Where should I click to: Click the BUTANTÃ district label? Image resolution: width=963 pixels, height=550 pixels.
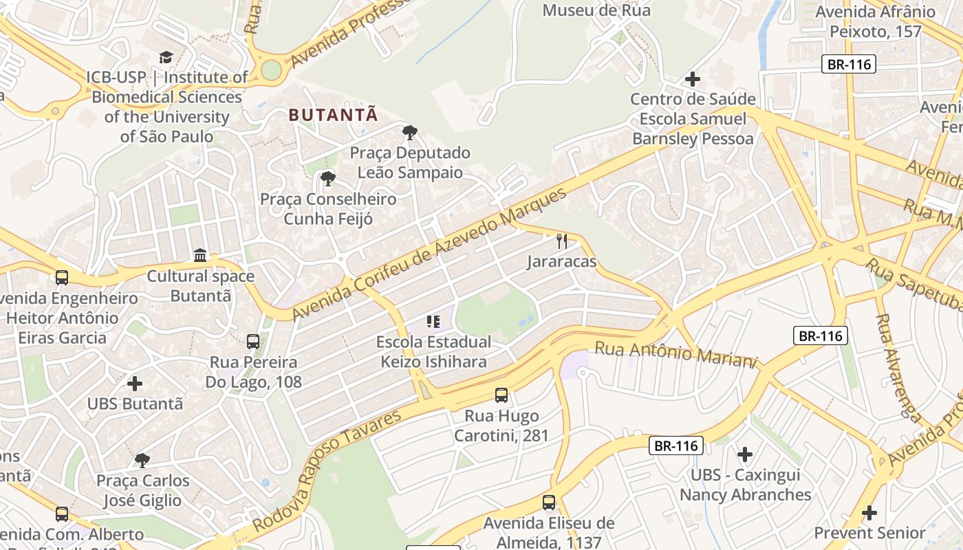pos(334,115)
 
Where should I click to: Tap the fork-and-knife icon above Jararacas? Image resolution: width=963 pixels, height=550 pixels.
pos(562,241)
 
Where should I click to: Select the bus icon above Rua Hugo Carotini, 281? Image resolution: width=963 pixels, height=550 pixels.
pos(501,395)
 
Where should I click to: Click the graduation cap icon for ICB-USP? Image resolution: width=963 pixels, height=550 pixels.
pos(166,57)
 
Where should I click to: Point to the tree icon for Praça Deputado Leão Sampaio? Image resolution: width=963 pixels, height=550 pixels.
pos(409,132)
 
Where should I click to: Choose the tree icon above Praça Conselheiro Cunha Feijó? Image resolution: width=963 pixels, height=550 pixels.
pos(328,179)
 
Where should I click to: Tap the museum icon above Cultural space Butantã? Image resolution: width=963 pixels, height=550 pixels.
pos(200,256)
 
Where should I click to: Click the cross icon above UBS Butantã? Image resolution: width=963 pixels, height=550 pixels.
pos(135,383)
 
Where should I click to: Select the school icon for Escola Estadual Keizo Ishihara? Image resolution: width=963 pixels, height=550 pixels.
pos(433,321)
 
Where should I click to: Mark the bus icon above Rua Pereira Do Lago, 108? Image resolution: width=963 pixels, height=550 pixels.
pos(253,341)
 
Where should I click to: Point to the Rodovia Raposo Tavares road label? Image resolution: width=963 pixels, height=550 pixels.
pos(327,471)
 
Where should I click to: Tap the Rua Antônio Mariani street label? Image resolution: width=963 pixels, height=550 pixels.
pos(675,353)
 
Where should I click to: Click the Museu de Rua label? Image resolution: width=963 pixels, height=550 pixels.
pos(596,10)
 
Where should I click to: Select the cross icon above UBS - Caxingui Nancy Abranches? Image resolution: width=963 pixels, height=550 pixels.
pos(745,454)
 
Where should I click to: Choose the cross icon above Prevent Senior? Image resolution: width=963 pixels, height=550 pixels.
pos(869,512)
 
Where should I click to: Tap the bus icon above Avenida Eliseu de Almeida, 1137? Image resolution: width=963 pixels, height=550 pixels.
pos(548,503)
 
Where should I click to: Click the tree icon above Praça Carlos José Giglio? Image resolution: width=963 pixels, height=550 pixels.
pos(142,459)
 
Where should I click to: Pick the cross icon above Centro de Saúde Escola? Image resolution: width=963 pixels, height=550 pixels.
pos(693,79)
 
